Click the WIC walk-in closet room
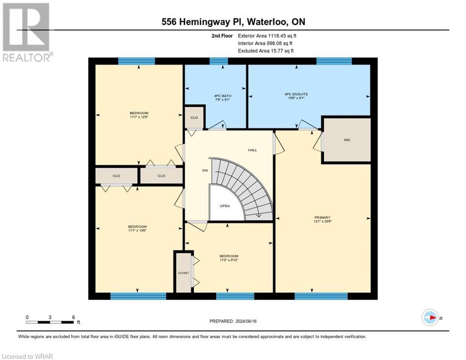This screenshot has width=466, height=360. [347, 140]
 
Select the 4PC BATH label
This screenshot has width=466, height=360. [216, 97]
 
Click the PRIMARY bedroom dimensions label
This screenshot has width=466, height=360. [323, 219]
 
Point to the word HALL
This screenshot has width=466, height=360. [252, 150]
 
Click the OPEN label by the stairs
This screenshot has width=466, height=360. [225, 206]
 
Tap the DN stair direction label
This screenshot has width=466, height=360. [204, 171]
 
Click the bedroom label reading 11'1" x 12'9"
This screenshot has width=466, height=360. [139, 115]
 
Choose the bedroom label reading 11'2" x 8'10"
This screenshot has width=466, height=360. [229, 258]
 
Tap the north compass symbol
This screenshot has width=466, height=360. [430, 318]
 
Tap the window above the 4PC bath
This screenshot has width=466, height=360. [218, 61]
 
